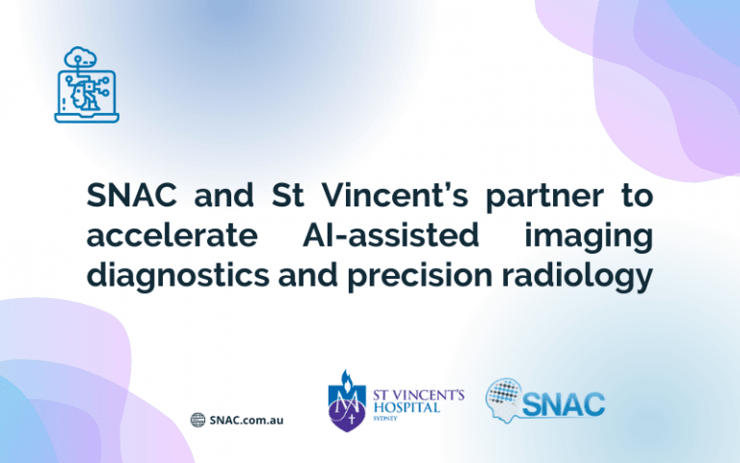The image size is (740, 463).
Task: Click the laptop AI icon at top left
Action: coord(86,86)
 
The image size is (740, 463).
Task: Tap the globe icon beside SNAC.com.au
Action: coord(198,420)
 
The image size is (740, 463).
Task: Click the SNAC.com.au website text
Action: coord(246,420)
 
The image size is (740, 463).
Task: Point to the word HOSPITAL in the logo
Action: coord(405,408)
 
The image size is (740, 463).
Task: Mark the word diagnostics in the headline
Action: coord(179,277)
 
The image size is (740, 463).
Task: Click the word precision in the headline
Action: coord(428,277)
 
